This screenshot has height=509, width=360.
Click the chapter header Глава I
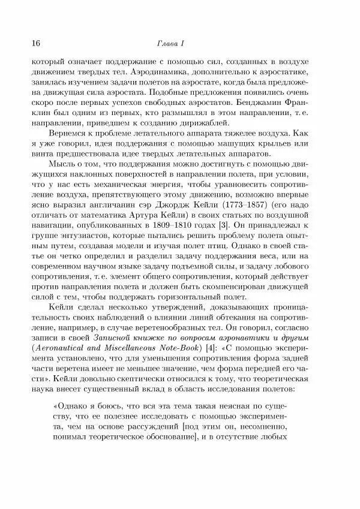click(x=179, y=43)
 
